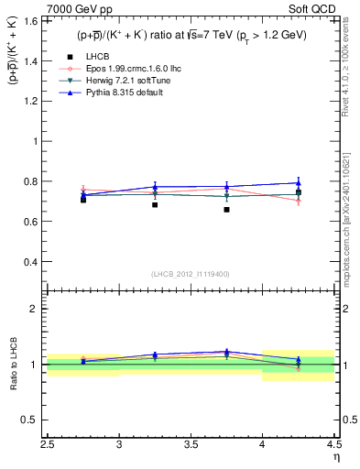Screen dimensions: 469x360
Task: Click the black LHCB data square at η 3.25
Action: [x=155, y=205]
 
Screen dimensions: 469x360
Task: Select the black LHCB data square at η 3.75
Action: [x=226, y=210]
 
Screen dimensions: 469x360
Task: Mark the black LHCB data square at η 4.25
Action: [x=298, y=192]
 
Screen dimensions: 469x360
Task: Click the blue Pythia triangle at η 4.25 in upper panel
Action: [x=298, y=183]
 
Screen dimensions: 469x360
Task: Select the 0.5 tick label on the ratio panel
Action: [x=33, y=420]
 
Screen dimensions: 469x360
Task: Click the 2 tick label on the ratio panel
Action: [x=38, y=309]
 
